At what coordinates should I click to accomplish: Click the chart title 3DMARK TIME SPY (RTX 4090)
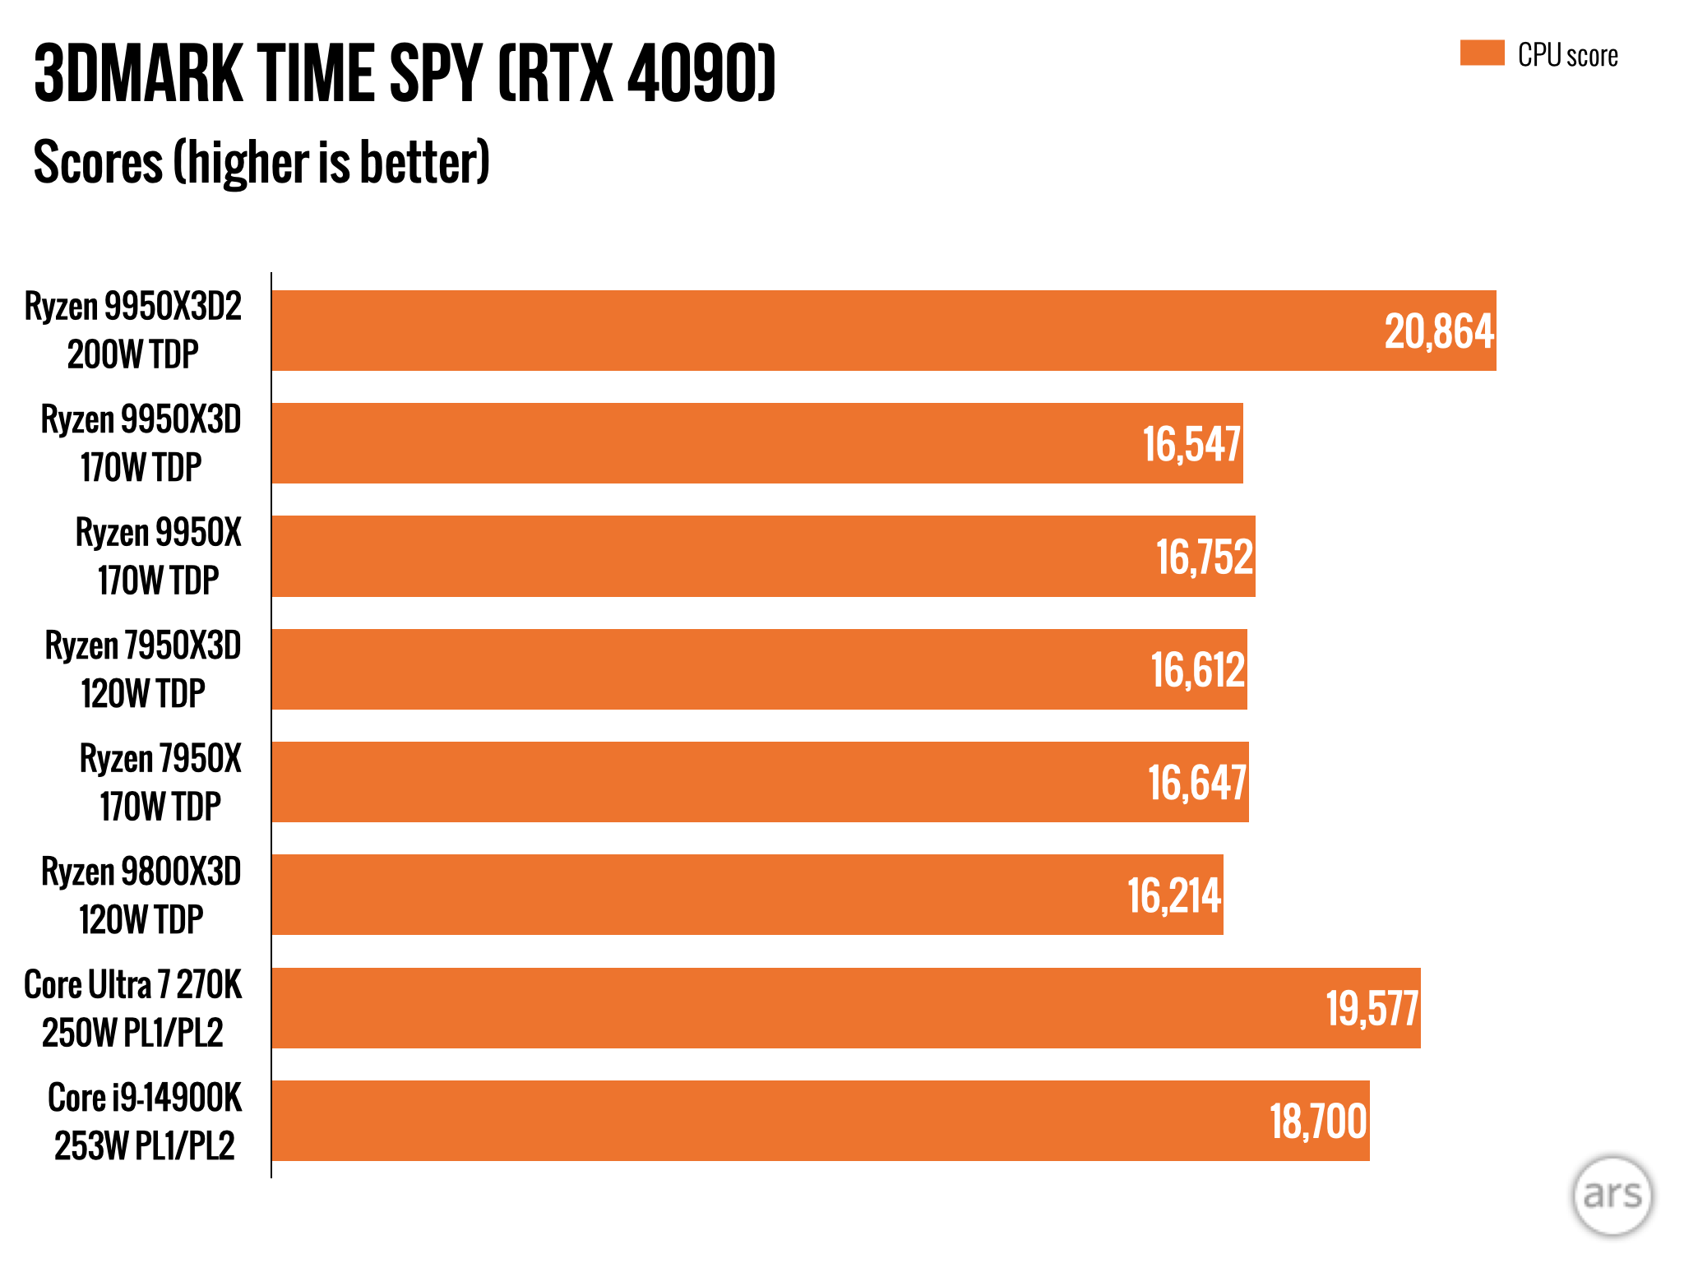pos(405,74)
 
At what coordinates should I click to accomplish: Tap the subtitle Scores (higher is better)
pos(261,162)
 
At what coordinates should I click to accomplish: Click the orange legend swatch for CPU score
pos(1482,53)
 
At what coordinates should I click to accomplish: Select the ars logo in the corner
pos(1612,1195)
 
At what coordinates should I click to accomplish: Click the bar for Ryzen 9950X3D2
pos(822,331)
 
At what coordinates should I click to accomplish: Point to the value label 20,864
pos(1439,332)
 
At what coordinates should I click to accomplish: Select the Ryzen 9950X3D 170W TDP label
pos(141,443)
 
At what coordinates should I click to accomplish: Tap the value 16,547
pos(1191,445)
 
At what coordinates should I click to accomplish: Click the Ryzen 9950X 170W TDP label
pos(159,557)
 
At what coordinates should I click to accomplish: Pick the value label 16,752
pos(1205,557)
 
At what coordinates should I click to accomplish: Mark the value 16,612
pos(1198,670)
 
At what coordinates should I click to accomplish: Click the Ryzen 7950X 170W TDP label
pos(160,782)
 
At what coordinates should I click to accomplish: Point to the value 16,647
pos(1197,783)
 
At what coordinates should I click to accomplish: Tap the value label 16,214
pos(1174,896)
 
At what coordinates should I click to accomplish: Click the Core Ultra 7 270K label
pos(133,1008)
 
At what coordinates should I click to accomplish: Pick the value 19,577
pos(1372,1009)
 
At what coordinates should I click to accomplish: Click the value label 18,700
pos(1318,1122)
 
